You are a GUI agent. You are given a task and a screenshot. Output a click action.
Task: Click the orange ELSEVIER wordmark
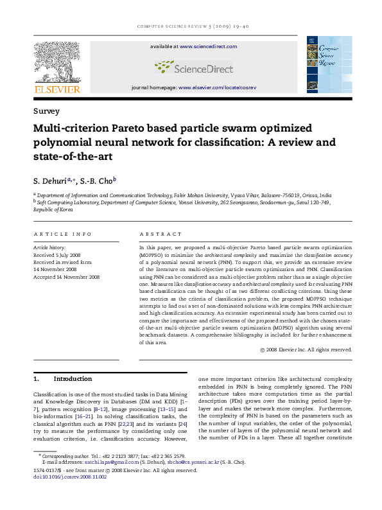pyautogui.click(x=56, y=89)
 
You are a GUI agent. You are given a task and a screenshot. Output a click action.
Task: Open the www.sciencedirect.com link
pyautogui.click(x=208, y=47)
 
